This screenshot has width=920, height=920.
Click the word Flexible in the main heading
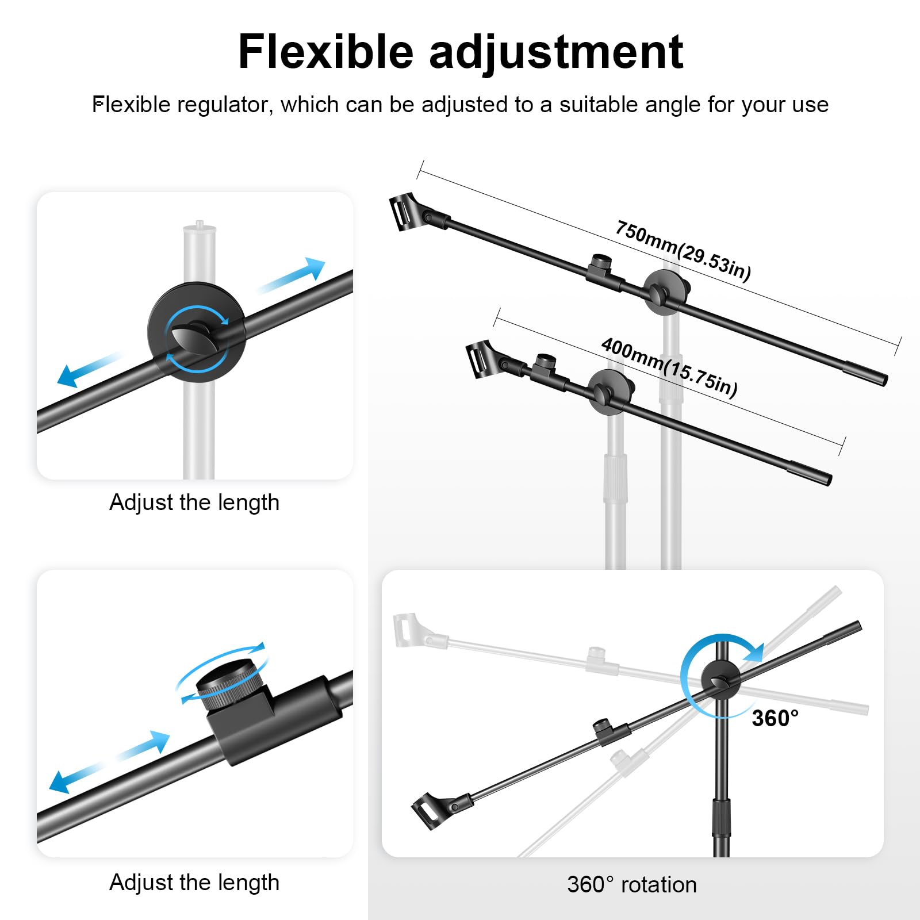(325, 52)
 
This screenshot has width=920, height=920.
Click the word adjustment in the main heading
(556, 53)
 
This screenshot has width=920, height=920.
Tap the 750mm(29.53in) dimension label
(683, 251)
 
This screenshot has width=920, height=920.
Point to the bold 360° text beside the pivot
(775, 718)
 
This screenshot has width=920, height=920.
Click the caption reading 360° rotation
(631, 884)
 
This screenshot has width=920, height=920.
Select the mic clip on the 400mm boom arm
(481, 358)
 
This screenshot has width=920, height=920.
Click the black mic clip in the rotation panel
(430, 808)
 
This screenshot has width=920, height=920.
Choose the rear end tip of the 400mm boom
(827, 478)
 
